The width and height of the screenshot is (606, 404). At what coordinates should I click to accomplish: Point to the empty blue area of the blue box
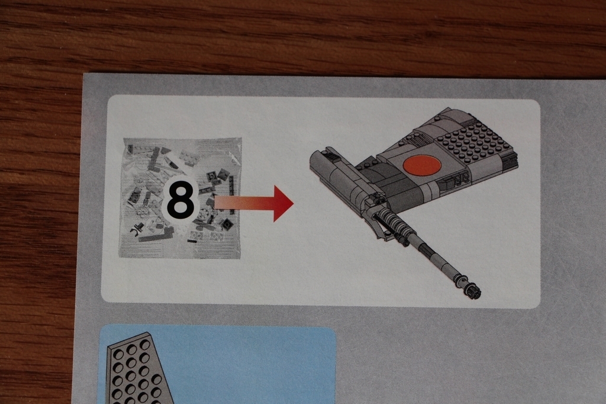coord(247,368)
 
